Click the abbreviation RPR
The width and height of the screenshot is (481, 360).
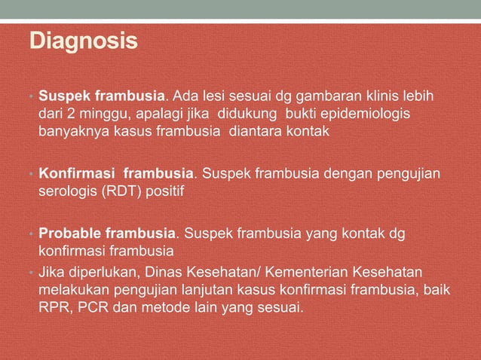[x=53, y=307]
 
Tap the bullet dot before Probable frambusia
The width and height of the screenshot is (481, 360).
[x=32, y=233]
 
